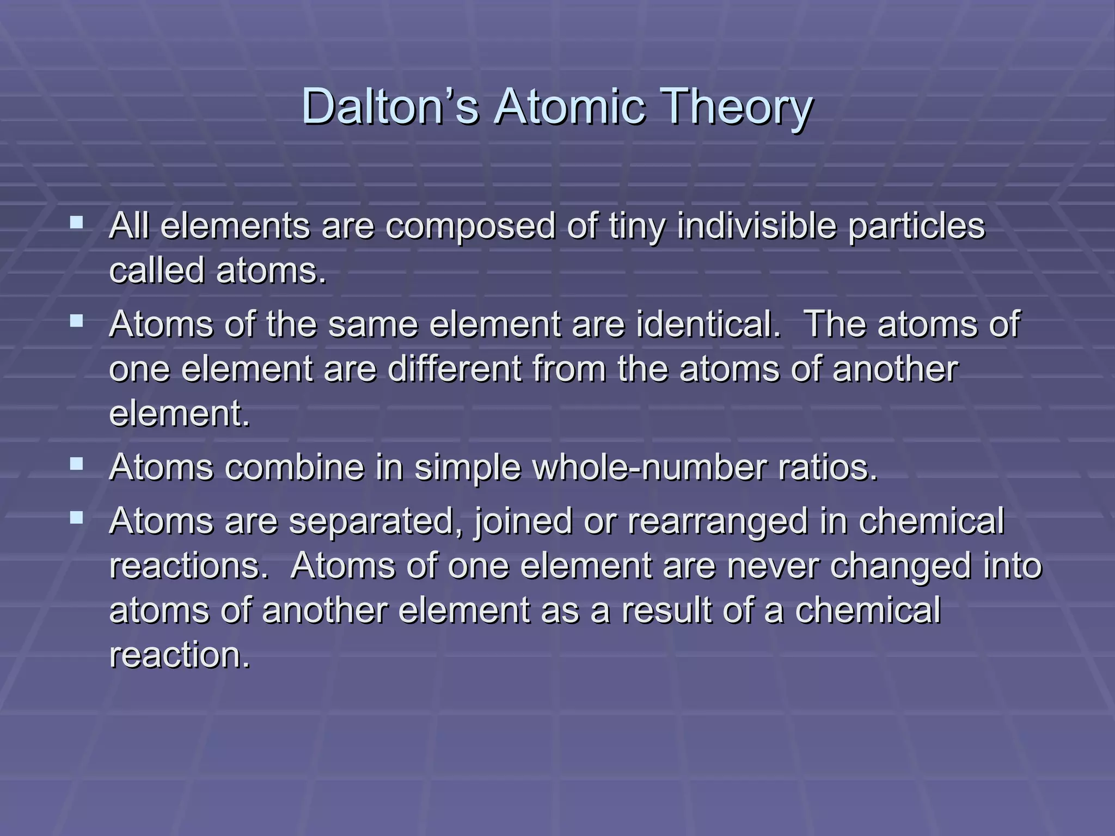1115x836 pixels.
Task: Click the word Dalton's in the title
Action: [x=390, y=107]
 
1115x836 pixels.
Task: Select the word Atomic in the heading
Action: [x=569, y=107]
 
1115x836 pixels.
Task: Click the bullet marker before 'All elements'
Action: [x=77, y=223]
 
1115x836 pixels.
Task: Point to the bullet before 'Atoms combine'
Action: [x=77, y=464]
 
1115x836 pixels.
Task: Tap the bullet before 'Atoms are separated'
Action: [x=77, y=518]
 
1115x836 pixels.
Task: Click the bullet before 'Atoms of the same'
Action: [x=77, y=321]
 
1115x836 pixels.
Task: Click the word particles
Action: [x=917, y=226]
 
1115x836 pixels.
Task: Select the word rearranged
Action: [x=718, y=521]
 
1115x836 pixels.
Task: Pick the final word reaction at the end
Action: [x=179, y=655]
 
